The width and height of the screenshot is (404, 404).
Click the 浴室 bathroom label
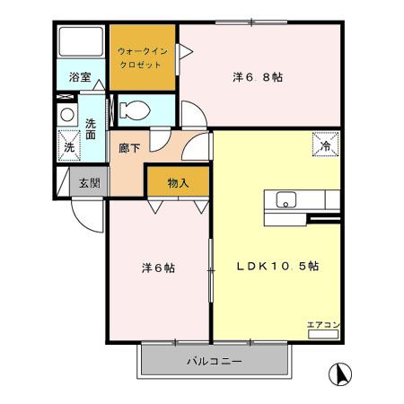(x=80, y=77)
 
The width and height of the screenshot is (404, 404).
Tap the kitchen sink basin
(x=286, y=199)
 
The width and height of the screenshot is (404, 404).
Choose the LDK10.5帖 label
(x=278, y=266)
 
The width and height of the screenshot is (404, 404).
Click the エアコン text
(x=321, y=324)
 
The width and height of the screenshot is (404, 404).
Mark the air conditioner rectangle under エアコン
(x=322, y=334)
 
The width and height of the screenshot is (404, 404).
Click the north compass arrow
(x=340, y=372)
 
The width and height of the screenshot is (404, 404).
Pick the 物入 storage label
(x=178, y=182)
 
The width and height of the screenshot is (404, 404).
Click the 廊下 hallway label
(x=129, y=147)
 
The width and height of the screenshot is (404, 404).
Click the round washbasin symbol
(x=66, y=115)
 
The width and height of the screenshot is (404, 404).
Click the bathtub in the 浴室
(x=80, y=45)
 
